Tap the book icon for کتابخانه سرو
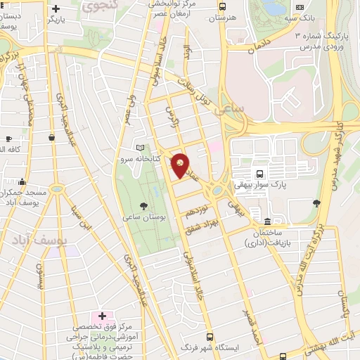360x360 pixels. pyautogui.click(x=140, y=148)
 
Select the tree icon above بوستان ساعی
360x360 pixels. pyautogui.click(x=144, y=205)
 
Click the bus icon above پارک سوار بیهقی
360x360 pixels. pyautogui.click(x=260, y=174)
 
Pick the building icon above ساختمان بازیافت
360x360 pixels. pyautogui.click(x=266, y=212)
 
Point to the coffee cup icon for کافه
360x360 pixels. pyautogui.click(x=8, y=138)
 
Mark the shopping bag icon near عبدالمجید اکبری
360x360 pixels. pyautogui.click(x=50, y=138)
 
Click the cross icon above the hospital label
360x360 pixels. pyautogui.click(x=103, y=316)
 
